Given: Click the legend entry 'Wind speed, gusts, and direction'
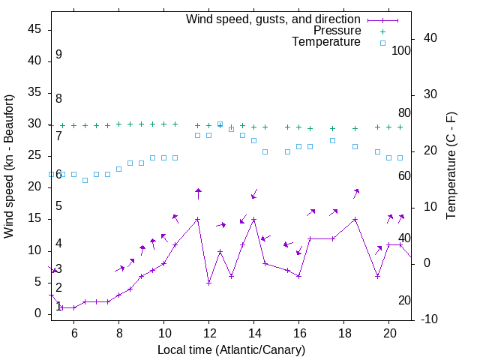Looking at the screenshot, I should tap(273, 19).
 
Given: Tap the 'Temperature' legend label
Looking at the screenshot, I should tap(326, 42).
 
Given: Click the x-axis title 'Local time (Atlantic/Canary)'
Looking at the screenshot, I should tap(231, 349).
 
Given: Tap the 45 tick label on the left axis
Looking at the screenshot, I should tap(34, 29).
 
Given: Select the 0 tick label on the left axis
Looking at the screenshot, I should tap(38, 313).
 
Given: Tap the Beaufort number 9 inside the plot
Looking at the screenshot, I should tap(58, 55).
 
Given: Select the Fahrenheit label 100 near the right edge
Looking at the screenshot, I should tap(401, 51).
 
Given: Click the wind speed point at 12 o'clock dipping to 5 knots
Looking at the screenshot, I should tap(209, 283).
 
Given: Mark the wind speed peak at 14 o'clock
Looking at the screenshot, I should tap(254, 219).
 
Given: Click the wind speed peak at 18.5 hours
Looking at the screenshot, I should tap(355, 219).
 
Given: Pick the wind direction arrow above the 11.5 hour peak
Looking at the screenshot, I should tap(198, 193).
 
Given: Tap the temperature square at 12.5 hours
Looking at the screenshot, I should tap(220, 124).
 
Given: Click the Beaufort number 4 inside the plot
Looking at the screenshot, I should tap(58, 244).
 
